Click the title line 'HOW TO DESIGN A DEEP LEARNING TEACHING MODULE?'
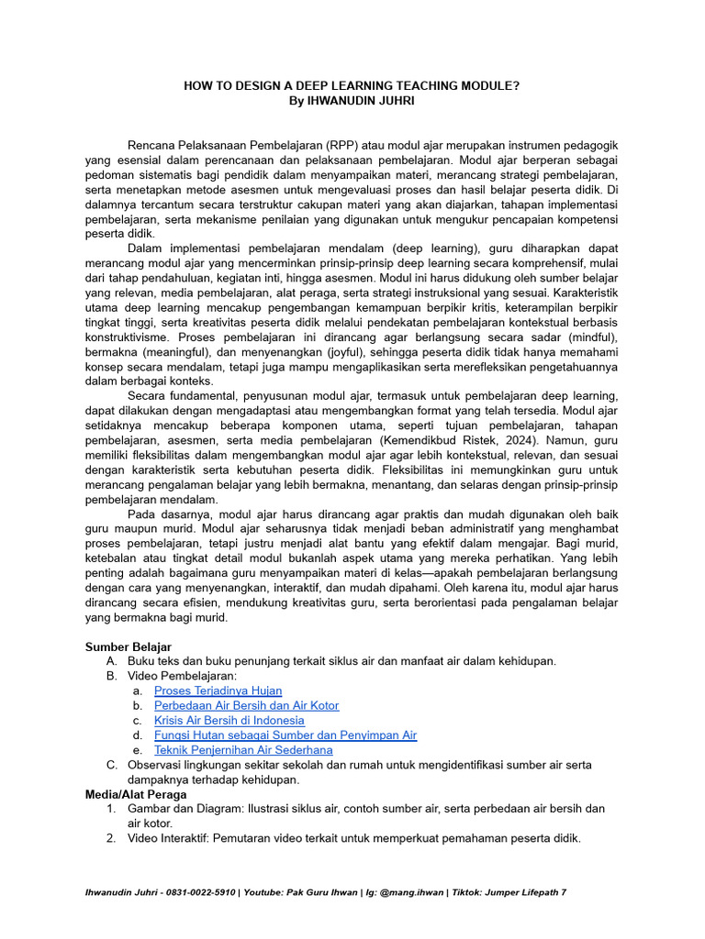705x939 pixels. pyautogui.click(x=352, y=85)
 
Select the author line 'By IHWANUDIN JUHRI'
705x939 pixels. pyautogui.click(x=352, y=100)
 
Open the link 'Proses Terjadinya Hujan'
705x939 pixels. pyautogui.click(x=218, y=690)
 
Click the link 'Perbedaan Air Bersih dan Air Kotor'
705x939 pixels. pyautogui.click(x=246, y=705)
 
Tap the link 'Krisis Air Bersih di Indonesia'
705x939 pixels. pyautogui.click(x=229, y=720)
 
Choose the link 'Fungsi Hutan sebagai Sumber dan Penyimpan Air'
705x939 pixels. pyautogui.click(x=285, y=735)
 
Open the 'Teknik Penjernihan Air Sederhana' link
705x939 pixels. pyautogui.click(x=243, y=749)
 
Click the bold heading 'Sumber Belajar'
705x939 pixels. pyautogui.click(x=129, y=646)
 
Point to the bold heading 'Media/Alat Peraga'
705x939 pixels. pyautogui.click(x=137, y=794)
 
